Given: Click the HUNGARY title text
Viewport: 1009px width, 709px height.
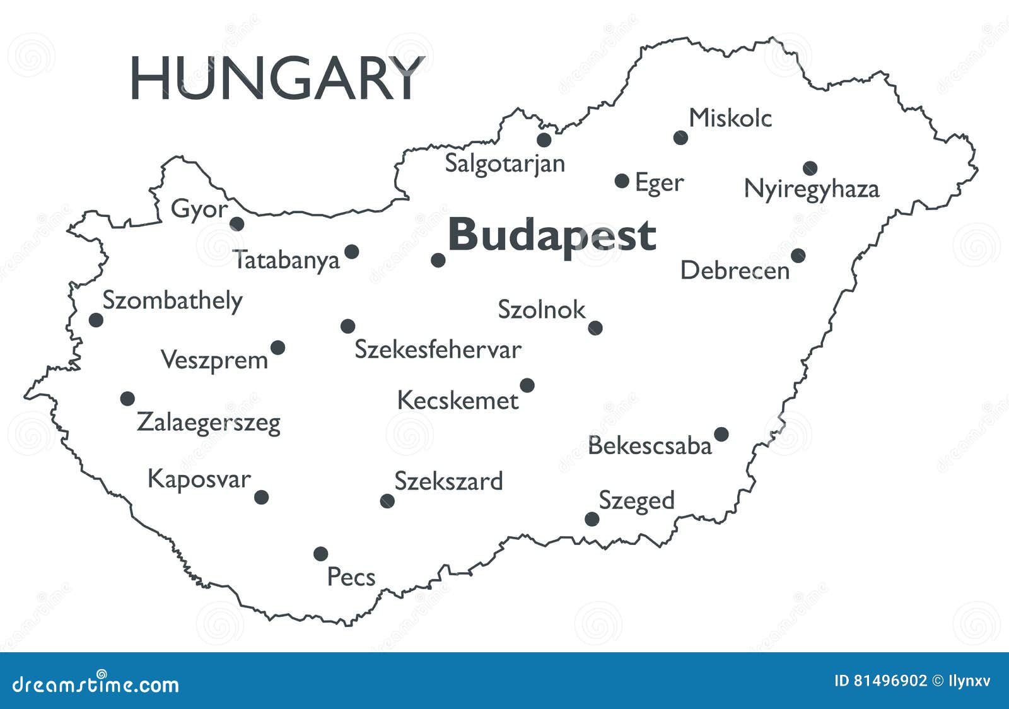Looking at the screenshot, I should (x=276, y=79).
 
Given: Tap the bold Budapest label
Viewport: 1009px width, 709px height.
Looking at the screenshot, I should (x=552, y=235).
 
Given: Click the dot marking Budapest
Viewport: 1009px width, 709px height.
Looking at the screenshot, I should (x=438, y=260).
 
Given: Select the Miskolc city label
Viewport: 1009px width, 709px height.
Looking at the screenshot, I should (x=730, y=118).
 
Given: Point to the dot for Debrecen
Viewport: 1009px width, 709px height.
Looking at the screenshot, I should (x=798, y=255).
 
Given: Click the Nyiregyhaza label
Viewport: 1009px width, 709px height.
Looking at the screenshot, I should (x=811, y=189).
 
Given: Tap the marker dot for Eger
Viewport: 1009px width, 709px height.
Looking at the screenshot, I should (x=622, y=181).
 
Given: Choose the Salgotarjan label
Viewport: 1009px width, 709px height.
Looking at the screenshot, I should (x=505, y=163).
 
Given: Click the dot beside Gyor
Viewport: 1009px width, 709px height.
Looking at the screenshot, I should (x=237, y=223).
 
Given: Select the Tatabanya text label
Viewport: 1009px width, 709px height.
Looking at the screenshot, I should (x=287, y=260).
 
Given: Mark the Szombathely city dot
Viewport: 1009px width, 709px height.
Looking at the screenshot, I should (x=96, y=320).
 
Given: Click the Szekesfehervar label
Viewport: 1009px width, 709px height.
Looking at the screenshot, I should (x=438, y=349).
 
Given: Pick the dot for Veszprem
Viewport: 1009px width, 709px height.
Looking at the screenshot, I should (x=277, y=348).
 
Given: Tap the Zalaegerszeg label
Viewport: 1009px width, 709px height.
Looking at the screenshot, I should (x=209, y=422).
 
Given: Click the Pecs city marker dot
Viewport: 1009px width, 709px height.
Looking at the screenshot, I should (x=321, y=554).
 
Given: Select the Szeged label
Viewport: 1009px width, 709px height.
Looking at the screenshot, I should (x=636, y=501).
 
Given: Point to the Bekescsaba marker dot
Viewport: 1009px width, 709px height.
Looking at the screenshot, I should (x=721, y=434).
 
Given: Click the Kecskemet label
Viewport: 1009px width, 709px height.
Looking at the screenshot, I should (x=458, y=401).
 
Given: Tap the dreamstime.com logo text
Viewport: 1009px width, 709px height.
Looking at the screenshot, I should (x=96, y=684).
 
